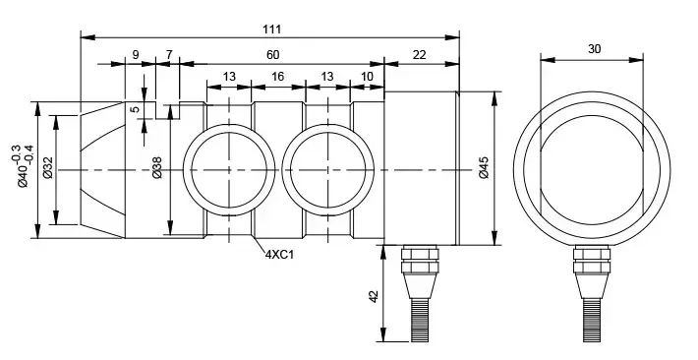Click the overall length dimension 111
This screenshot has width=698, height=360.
coord(271,30)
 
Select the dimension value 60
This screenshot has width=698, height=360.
coord(273,55)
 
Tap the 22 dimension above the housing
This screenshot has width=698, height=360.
coord(420,55)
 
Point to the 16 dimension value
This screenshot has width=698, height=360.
coord(277,77)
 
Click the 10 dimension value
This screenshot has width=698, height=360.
coord(367,77)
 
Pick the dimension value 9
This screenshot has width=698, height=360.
coord(136,55)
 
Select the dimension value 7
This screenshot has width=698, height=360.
coord(169,55)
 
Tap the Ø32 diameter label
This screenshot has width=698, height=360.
coord(48,168)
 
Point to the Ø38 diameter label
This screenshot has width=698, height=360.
coord(157,168)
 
